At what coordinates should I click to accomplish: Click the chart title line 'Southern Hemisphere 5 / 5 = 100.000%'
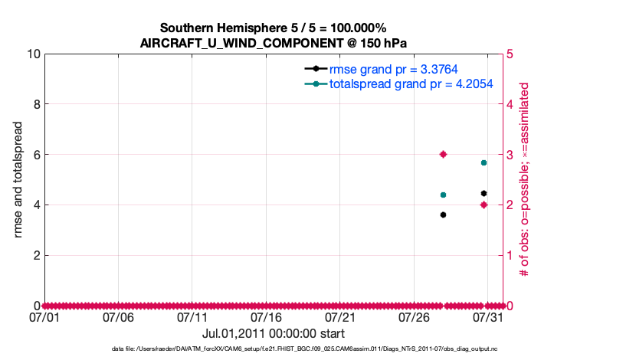tap(273, 28)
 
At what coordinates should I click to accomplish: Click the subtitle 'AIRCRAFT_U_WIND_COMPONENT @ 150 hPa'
tap(273, 43)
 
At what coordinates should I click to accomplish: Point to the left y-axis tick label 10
tap(32, 54)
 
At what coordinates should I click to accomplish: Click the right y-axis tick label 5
tap(510, 54)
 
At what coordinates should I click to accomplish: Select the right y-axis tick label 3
tap(510, 155)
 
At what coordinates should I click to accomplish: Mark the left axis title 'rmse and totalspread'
tap(18, 179)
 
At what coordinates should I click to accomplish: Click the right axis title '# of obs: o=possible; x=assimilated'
tap(526, 179)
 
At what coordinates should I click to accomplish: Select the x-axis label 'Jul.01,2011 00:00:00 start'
tap(273, 334)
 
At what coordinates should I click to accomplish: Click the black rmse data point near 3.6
tap(443, 214)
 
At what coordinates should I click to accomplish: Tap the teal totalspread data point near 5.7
tap(484, 162)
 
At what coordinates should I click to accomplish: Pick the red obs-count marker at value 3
tap(443, 154)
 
